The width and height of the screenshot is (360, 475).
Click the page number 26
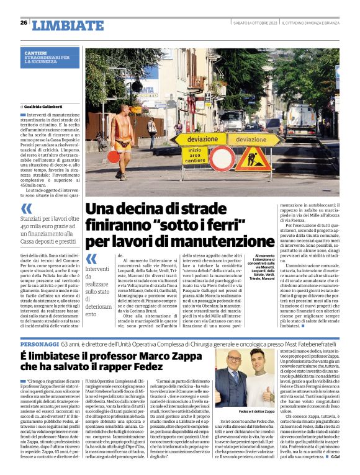(x=24, y=23)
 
